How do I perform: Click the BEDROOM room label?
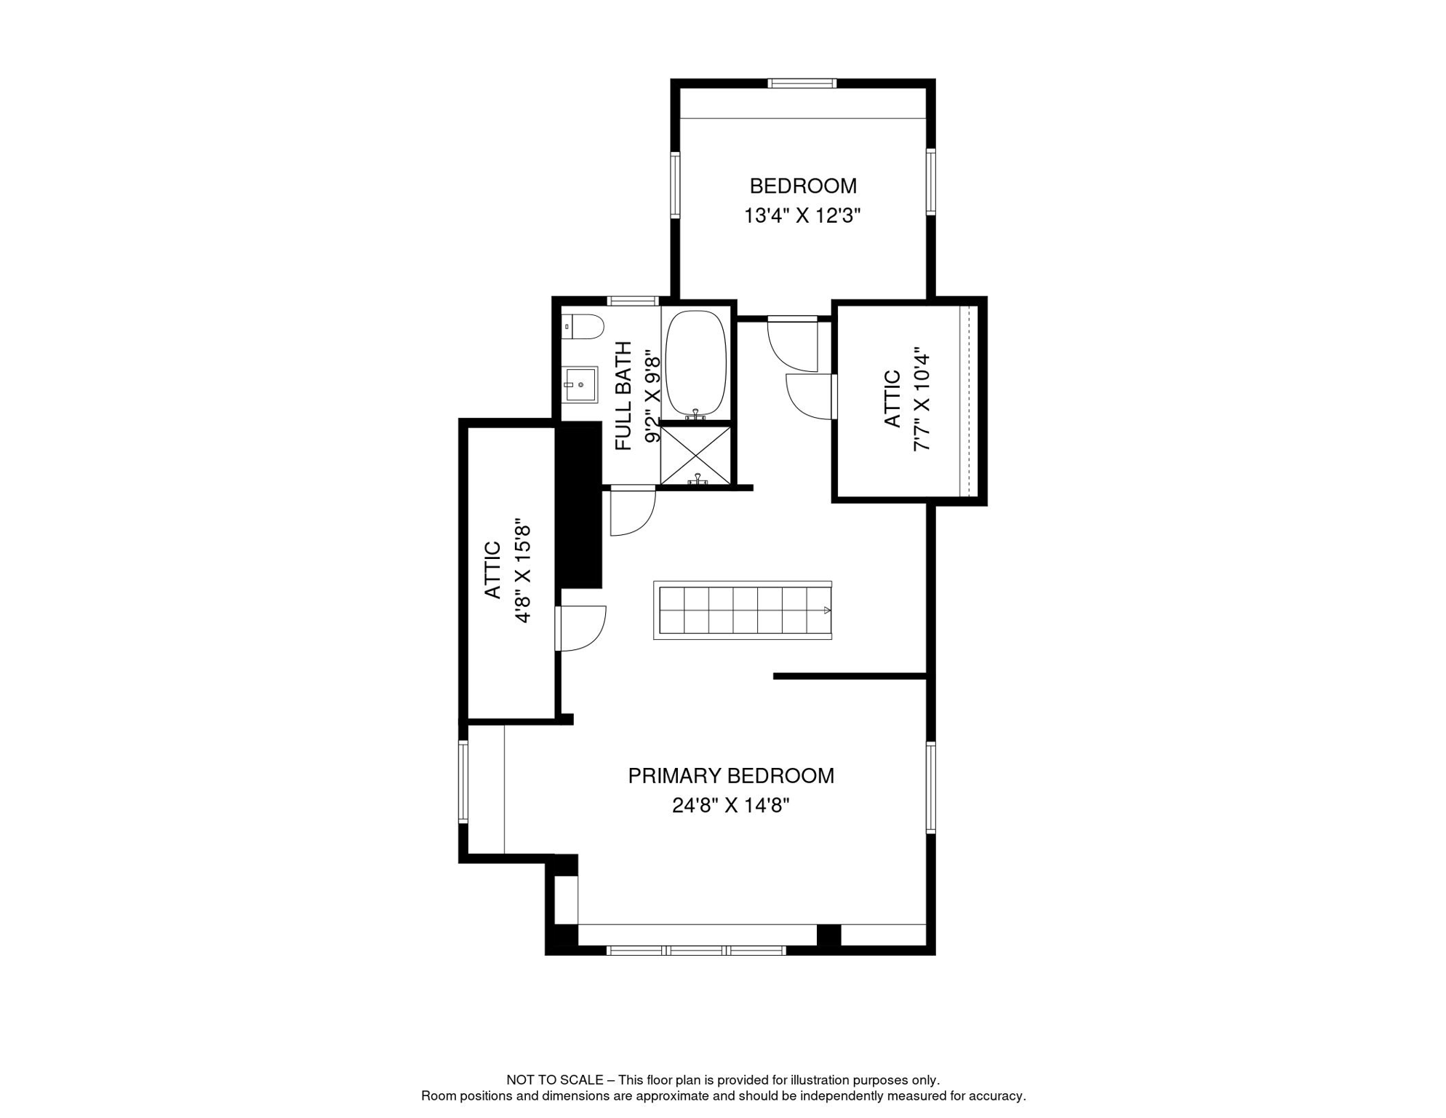coord(803,186)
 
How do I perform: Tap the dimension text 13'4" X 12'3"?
coord(802,216)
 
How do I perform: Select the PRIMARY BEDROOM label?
coord(731,776)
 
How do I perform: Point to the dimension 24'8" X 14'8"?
coord(730,806)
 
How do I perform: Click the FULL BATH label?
coord(624,396)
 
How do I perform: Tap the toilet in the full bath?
coord(584,327)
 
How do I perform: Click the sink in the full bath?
coord(581,384)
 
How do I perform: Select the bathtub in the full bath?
coord(696,363)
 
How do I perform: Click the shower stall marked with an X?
coord(695,456)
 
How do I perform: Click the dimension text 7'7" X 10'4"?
coord(922,400)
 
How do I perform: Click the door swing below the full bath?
coord(631,512)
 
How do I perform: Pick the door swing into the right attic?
coord(809,397)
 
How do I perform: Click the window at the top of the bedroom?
coord(802,84)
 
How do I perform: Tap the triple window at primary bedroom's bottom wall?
coord(696,951)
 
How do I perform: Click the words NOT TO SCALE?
coord(555,1080)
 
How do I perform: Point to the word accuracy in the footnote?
coord(999,1096)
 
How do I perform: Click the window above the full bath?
coord(633,301)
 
